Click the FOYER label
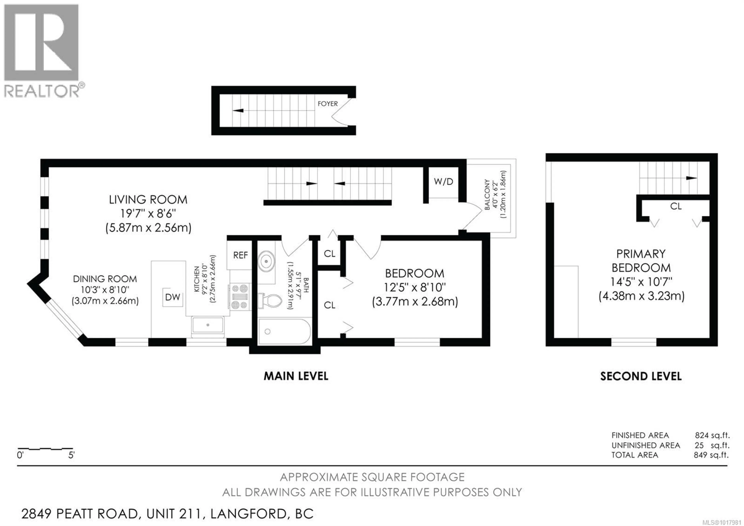point(328,104)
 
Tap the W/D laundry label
point(443,182)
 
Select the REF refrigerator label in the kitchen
point(240,255)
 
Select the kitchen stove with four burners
point(240,296)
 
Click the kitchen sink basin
point(208,325)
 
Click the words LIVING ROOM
point(148,199)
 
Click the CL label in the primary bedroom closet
point(676,206)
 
